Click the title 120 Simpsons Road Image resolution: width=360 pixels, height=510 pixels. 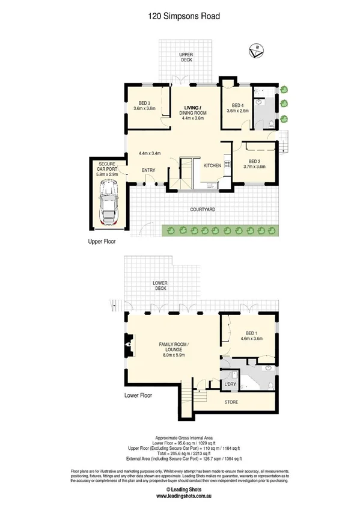pos(180,17)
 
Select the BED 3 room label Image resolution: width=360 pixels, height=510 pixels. pos(144,103)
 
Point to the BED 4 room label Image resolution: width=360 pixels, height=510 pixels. pos(237,105)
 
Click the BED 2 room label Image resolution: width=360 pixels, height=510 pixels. pos(254,161)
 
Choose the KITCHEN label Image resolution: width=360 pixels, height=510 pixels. pos(212,165)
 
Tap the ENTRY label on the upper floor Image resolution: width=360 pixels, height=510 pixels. pos(148,170)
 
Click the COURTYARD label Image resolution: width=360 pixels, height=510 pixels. pos(203,209)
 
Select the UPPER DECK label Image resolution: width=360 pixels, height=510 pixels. pos(186,58)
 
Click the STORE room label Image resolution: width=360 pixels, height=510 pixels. pos(231,402)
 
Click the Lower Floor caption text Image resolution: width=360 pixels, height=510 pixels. pos(138,396)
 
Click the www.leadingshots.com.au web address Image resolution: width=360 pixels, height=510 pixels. pos(180,496)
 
